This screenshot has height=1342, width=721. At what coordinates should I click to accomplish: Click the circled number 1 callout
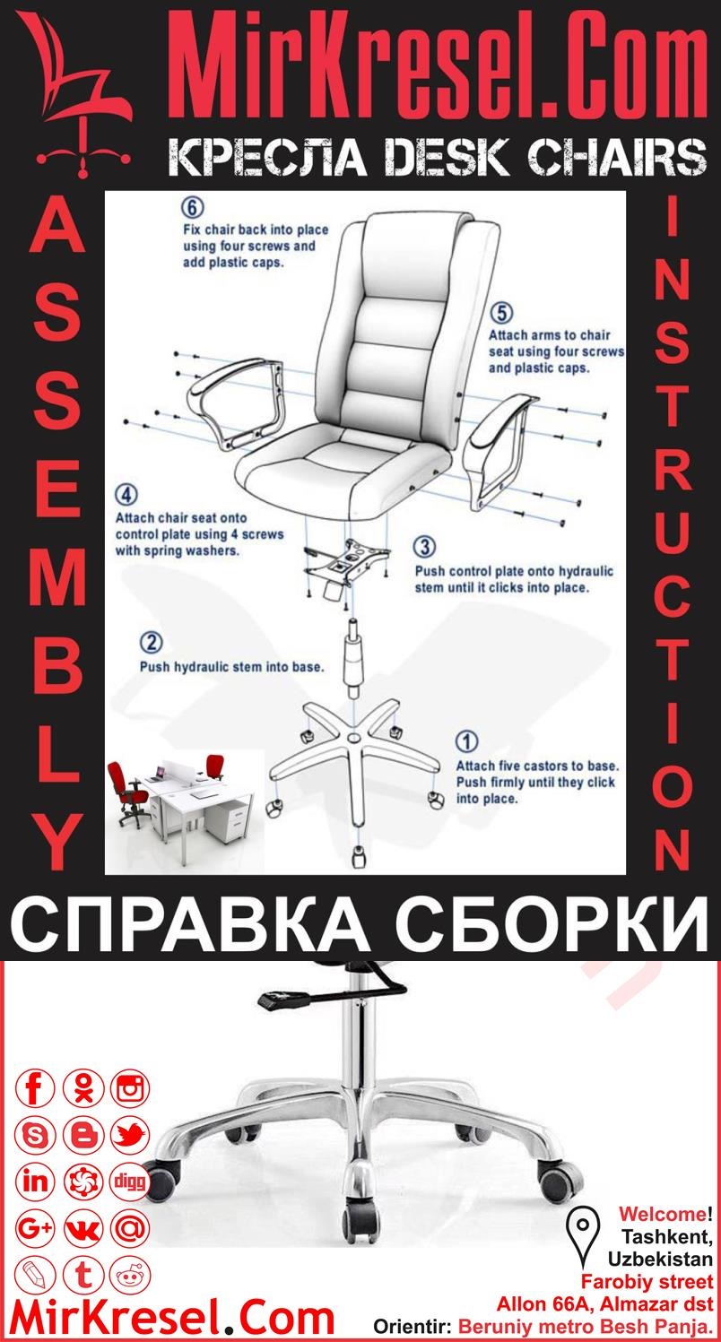467,740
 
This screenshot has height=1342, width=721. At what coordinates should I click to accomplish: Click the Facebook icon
37,1089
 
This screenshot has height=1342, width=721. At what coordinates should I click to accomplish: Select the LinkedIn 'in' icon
37,1181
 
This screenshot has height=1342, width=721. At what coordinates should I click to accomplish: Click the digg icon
131,1181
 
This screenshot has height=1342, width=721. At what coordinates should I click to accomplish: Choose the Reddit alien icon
131,1274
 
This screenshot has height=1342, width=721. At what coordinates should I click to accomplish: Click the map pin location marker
584,1227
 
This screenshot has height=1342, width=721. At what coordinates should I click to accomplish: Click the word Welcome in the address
662,1215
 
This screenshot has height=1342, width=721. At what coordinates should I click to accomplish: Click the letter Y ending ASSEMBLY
58,844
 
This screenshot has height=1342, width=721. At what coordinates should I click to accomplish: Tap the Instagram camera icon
131,1089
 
